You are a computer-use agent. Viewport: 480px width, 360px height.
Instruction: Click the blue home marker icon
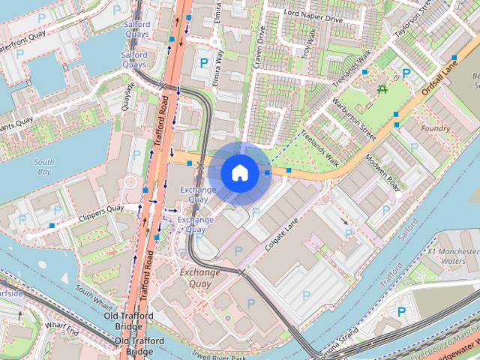click(x=238, y=172)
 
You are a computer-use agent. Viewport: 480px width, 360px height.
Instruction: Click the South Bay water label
click(x=44, y=166)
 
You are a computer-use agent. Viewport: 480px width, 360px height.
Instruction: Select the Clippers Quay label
click(x=101, y=213)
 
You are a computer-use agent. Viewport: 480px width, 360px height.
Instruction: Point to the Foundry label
click(x=435, y=129)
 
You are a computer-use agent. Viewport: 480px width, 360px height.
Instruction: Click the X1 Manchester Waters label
click(x=454, y=256)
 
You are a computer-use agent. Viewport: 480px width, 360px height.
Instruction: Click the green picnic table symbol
click(x=382, y=89)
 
